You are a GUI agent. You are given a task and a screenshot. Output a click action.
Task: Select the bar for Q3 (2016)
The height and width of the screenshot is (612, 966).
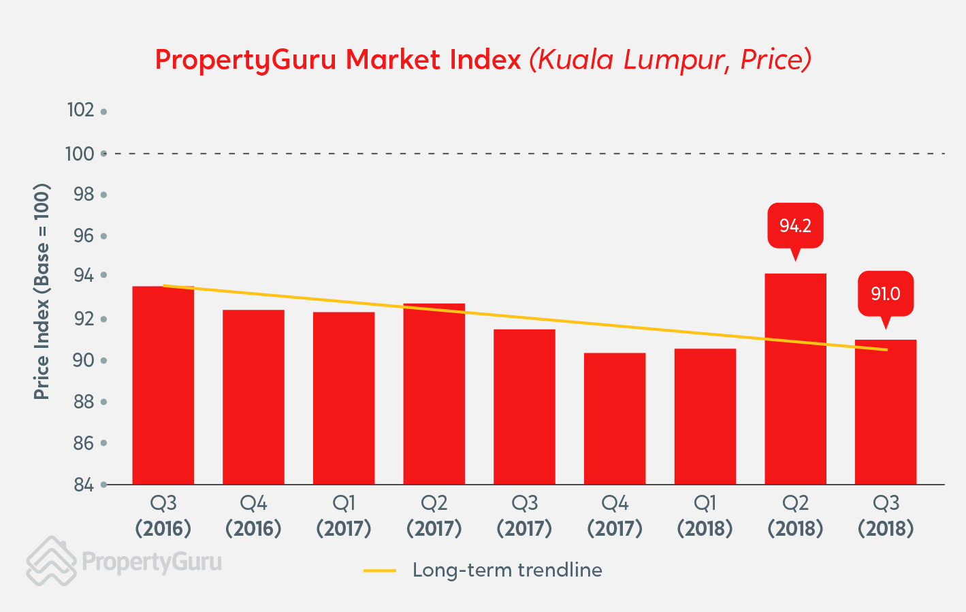[163, 385]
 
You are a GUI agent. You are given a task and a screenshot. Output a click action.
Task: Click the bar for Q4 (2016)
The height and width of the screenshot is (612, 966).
[253, 397]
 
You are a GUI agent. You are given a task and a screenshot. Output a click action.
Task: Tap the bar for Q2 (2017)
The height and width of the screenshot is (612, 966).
[434, 393]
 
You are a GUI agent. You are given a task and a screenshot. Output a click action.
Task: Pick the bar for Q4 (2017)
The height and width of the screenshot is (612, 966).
[615, 419]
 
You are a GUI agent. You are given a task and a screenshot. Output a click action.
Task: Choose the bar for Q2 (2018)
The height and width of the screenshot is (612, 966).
[795, 379]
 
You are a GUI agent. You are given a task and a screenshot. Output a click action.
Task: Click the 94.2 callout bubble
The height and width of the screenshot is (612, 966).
[795, 226]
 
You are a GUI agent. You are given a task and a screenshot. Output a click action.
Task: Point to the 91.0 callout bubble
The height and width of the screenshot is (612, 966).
[885, 294]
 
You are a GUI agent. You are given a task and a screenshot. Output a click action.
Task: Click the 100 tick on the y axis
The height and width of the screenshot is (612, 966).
[80, 154]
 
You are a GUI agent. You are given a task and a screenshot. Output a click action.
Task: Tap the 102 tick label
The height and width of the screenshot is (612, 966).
[80, 110]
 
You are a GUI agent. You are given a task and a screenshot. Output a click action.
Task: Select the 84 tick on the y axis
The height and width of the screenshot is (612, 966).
[84, 485]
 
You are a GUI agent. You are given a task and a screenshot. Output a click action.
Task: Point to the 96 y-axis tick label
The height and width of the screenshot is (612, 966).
[84, 236]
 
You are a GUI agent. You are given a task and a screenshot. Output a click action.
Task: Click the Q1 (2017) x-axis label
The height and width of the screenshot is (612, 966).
[344, 515]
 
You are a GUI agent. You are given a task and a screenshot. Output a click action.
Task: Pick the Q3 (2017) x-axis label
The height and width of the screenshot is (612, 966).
[524, 515]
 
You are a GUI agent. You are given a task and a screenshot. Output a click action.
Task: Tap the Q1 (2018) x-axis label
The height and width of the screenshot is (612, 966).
[705, 515]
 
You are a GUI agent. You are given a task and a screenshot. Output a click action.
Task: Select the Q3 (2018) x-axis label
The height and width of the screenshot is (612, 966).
[886, 515]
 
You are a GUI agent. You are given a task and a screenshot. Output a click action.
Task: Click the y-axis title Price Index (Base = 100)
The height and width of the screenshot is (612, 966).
[42, 291]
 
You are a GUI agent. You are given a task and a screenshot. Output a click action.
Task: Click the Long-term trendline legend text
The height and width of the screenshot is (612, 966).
[507, 570]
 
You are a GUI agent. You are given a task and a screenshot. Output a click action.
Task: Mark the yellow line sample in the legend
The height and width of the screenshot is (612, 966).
[380, 570]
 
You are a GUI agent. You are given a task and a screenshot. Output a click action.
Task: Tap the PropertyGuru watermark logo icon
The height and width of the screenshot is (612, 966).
[51, 561]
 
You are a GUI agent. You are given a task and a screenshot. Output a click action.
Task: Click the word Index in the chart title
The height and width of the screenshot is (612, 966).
[485, 60]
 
